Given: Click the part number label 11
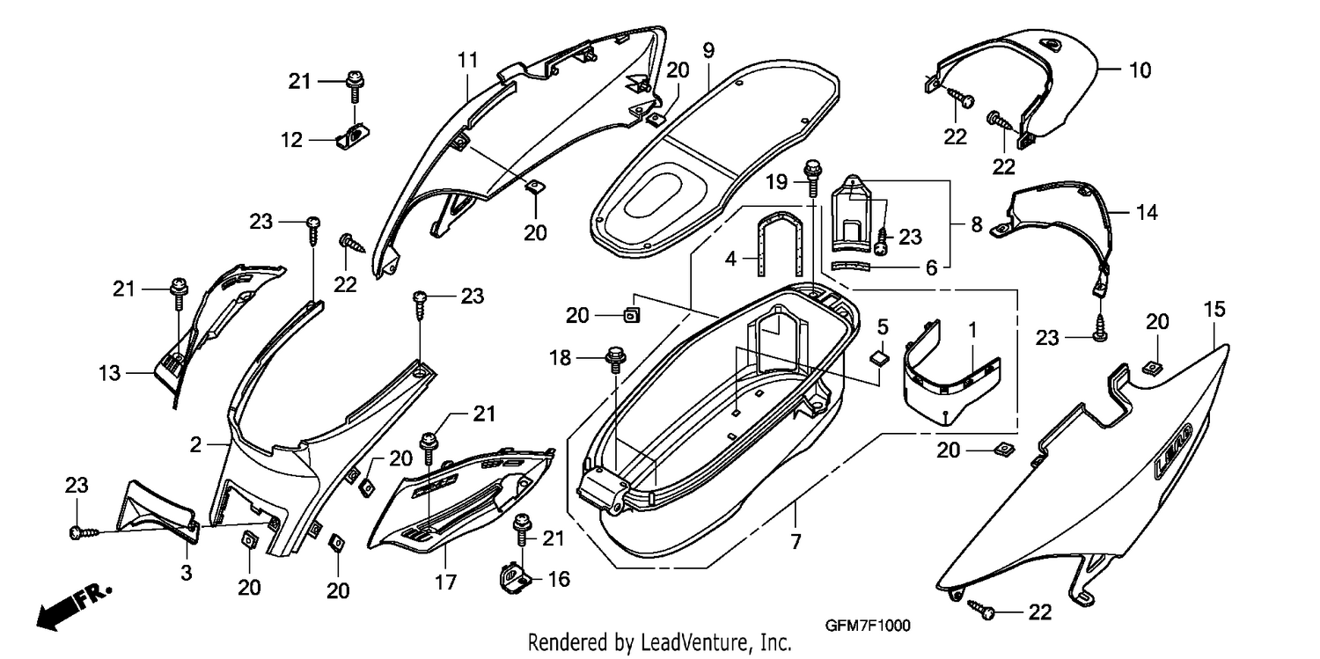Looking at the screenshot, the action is [x=467, y=60].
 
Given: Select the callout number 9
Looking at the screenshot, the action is [x=708, y=51].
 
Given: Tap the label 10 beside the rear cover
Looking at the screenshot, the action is [x=1140, y=70].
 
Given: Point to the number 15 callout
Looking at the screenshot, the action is [x=1214, y=309].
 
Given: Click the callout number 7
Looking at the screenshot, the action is [x=796, y=541].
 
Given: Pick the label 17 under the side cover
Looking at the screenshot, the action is [x=445, y=582].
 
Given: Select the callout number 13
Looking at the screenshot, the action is [x=110, y=373].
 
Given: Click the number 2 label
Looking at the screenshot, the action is [x=195, y=444].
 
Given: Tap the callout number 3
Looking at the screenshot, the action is [x=187, y=572].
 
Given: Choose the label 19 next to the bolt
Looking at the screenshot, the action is [x=777, y=182].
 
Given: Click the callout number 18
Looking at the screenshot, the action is [x=560, y=357].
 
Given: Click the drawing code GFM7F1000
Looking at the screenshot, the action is [x=867, y=626].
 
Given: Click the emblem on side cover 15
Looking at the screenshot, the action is [x=1173, y=450].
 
